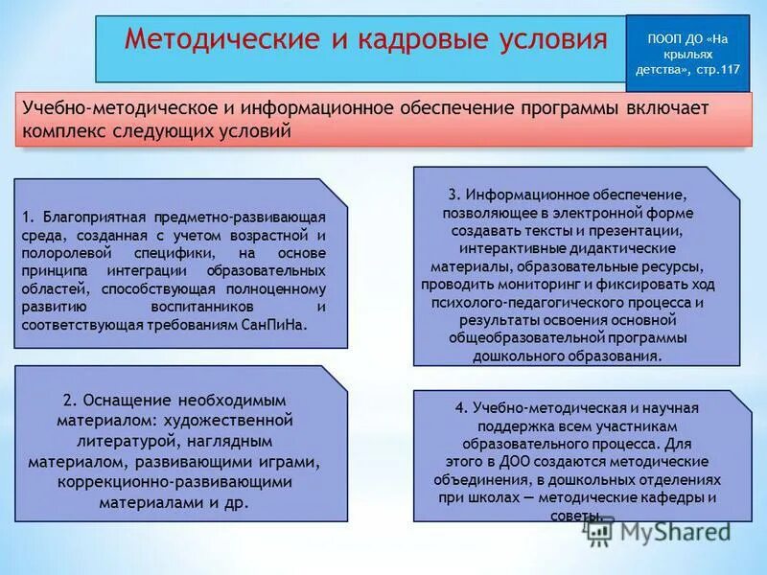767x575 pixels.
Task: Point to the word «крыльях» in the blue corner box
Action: click(x=687, y=55)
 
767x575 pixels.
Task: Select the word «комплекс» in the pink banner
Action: click(x=64, y=131)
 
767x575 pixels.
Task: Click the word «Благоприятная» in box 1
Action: click(x=90, y=218)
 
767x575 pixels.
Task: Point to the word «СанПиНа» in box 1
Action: click(x=274, y=325)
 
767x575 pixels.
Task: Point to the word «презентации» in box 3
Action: click(x=642, y=231)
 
